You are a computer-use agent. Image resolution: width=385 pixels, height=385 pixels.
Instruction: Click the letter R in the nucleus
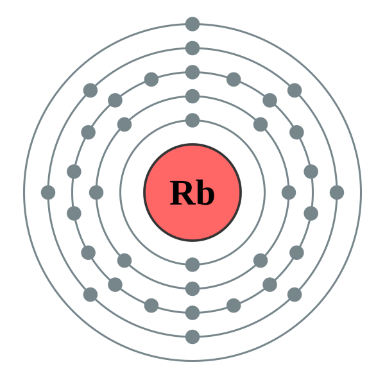(x=182, y=193)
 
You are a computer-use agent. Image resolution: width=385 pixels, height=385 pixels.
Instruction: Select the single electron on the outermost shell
(x=193, y=24)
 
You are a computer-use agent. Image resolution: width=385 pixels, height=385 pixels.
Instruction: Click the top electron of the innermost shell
(x=193, y=120)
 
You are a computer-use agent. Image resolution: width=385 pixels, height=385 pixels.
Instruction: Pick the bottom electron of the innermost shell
(x=193, y=264)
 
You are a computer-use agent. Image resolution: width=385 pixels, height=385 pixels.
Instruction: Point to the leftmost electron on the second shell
(x=96, y=193)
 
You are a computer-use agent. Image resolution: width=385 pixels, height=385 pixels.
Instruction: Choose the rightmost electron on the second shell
(x=289, y=193)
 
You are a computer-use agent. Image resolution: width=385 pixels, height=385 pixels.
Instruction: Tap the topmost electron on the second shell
(x=193, y=96)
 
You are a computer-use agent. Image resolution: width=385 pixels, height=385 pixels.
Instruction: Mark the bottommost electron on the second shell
(x=193, y=289)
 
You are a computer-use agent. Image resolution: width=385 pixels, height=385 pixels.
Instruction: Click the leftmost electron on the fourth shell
(x=48, y=193)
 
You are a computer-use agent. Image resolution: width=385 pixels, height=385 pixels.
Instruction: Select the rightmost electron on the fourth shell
(x=337, y=193)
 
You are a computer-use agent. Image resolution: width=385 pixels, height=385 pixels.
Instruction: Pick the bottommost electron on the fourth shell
(x=193, y=337)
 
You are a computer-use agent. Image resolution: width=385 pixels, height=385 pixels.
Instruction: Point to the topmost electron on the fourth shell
(x=193, y=48)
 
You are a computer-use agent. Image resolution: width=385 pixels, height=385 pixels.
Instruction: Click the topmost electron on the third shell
(x=193, y=72)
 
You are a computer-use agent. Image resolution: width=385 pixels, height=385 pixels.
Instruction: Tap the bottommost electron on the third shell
(x=193, y=312)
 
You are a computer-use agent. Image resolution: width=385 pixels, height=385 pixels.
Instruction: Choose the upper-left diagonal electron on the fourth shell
(x=90, y=90)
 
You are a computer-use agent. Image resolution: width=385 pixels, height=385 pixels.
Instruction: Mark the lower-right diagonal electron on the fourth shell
(x=295, y=295)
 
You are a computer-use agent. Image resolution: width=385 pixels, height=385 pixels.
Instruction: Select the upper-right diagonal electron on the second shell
(x=261, y=124)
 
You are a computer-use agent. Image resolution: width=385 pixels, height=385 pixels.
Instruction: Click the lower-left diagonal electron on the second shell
(x=124, y=261)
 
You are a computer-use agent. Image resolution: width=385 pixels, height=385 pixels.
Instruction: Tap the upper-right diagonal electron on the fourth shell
(x=295, y=90)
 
